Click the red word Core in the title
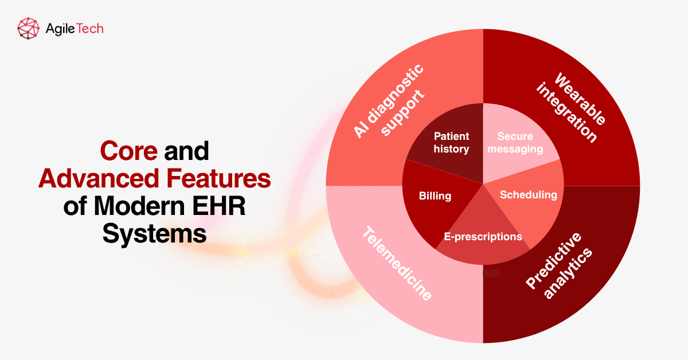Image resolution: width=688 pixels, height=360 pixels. [x=129, y=151]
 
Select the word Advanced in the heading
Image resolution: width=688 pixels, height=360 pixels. [x=90, y=179]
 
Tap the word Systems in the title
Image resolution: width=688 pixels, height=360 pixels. [x=155, y=234]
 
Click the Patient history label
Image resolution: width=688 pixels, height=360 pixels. [x=451, y=143]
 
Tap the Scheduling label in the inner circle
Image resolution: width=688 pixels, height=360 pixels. [x=528, y=195]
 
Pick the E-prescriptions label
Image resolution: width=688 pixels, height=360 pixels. [x=483, y=236]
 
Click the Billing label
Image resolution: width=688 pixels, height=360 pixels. [x=435, y=196]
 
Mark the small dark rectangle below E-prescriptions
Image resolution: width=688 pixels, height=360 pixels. [x=491, y=273]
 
